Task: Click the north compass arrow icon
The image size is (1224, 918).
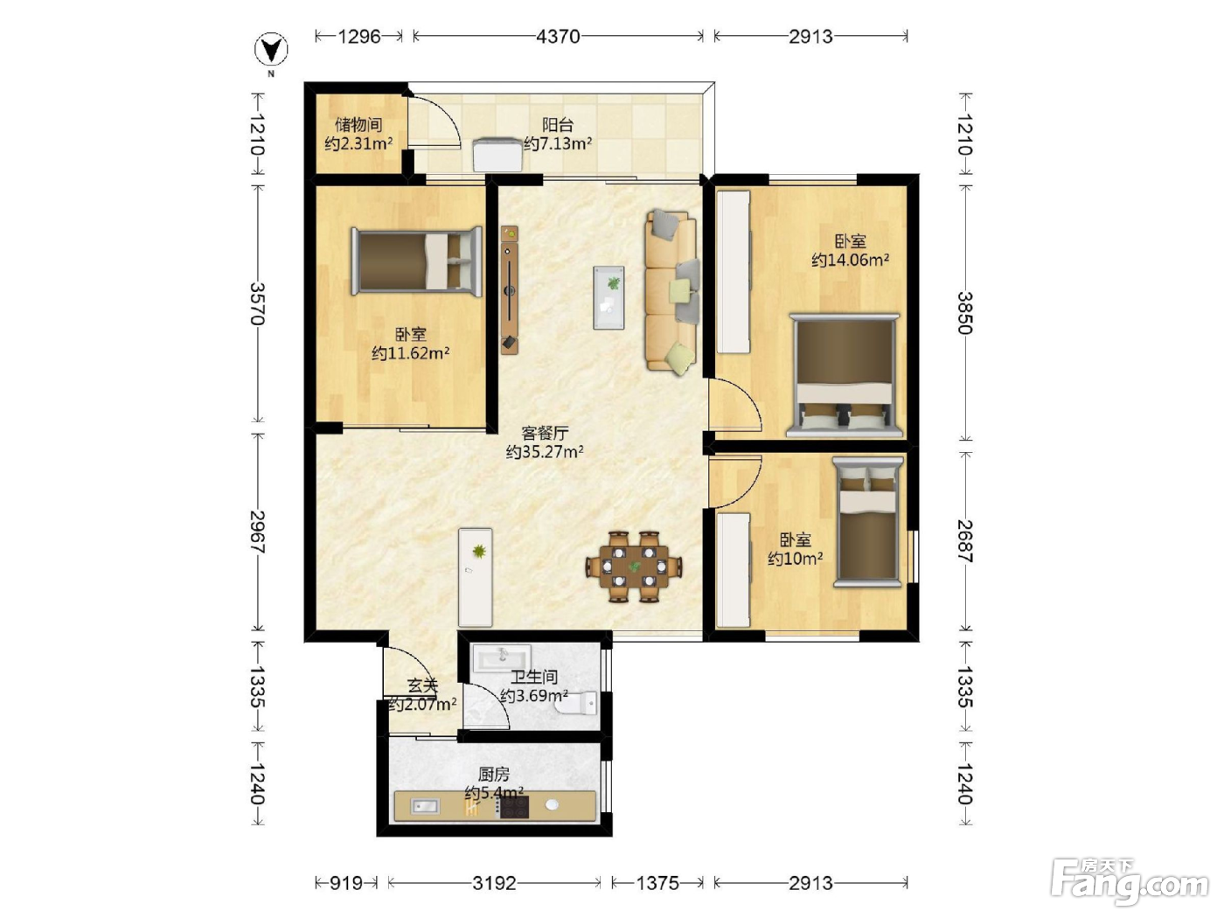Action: click(x=271, y=50)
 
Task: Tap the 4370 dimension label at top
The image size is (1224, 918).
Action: click(x=558, y=37)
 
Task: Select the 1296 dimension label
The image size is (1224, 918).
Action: click(x=359, y=37)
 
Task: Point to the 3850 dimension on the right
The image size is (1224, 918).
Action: click(x=964, y=313)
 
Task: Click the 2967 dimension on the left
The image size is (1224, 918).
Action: click(x=257, y=532)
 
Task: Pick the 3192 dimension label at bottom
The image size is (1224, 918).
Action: click(x=494, y=883)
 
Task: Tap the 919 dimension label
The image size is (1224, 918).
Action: click(x=345, y=883)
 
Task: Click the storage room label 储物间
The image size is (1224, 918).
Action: click(x=358, y=124)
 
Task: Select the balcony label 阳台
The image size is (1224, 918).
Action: click(x=558, y=124)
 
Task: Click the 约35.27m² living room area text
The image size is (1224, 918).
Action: click(x=545, y=451)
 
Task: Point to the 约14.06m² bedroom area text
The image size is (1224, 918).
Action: click(x=850, y=260)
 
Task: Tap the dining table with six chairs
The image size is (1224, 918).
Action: click(x=634, y=567)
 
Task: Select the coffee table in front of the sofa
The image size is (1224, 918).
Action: click(x=609, y=297)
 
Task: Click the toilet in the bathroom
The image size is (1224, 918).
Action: click(x=576, y=704)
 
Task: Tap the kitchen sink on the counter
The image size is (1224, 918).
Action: click(x=425, y=806)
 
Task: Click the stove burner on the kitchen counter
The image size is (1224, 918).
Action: click(x=514, y=807)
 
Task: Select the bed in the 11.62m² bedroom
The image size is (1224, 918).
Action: click(x=416, y=261)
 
